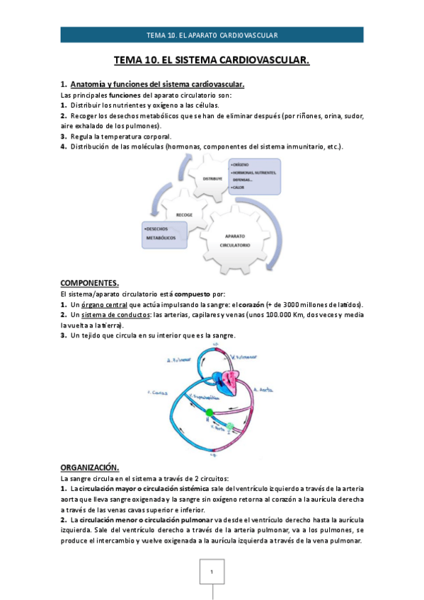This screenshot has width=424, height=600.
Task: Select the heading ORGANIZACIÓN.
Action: (x=89, y=468)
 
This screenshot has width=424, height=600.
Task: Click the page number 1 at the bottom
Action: (x=211, y=571)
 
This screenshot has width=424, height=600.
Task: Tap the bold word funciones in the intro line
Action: (x=131, y=95)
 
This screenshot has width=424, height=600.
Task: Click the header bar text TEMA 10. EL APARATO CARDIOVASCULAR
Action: (x=212, y=35)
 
